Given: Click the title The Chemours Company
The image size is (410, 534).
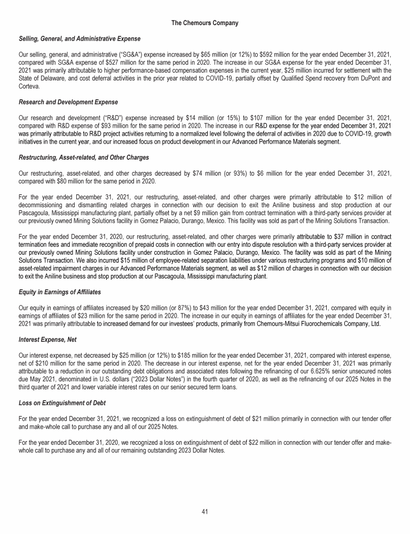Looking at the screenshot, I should pos(205,23).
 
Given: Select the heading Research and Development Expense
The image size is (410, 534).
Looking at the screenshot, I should pos(68,101).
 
